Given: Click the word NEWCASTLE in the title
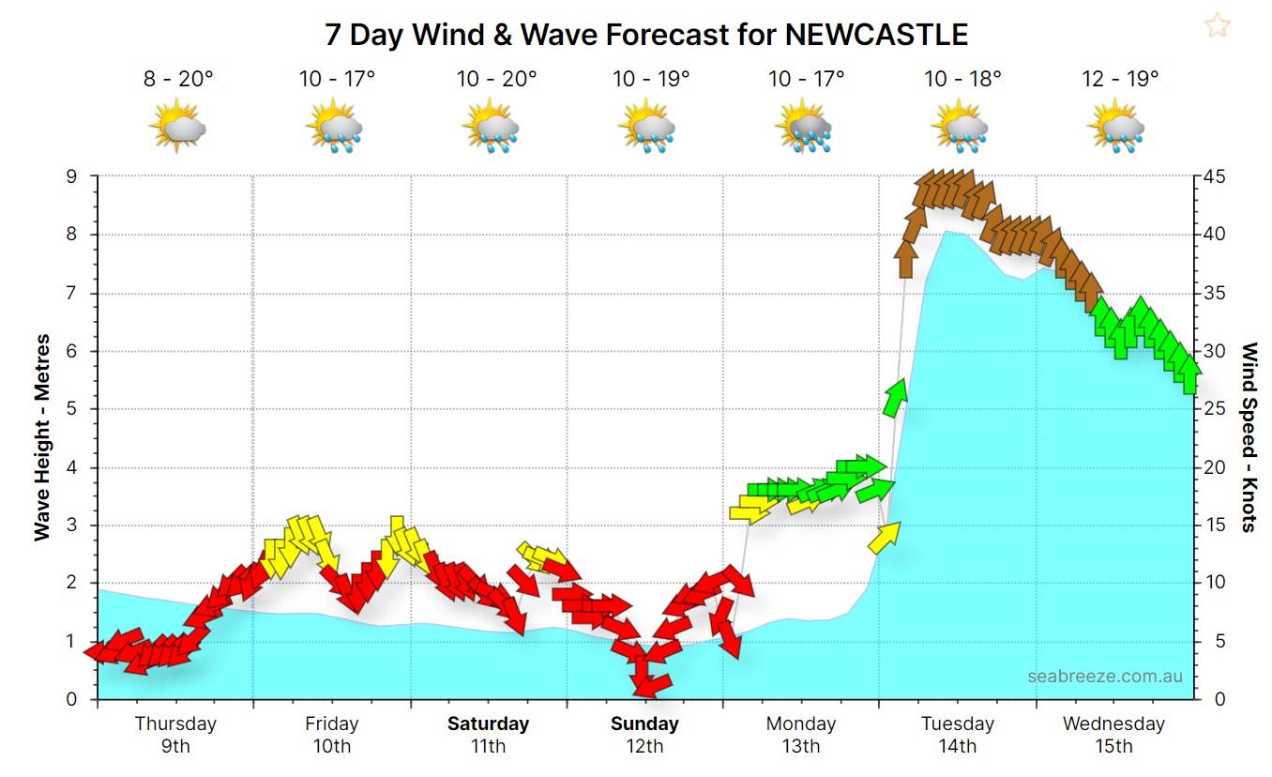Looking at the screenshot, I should point(875,35).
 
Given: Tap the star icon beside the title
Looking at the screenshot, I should point(1217,25).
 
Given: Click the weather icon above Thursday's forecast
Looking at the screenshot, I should point(177,128).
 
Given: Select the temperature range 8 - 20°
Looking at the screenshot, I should point(178,79).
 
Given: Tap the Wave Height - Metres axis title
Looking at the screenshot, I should point(42,437).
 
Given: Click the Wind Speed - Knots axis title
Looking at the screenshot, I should point(1249,437).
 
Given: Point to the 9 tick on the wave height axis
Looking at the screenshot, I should point(83,176).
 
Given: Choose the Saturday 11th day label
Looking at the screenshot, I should point(488,734).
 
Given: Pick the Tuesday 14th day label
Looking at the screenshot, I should point(957,734).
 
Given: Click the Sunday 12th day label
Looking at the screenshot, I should point(644,734).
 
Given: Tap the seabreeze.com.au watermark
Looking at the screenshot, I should point(1104,676).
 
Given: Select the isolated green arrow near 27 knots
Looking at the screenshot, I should point(894,398).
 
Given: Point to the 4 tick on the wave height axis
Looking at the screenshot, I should point(83,467).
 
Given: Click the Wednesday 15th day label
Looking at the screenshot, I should point(1113,734).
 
